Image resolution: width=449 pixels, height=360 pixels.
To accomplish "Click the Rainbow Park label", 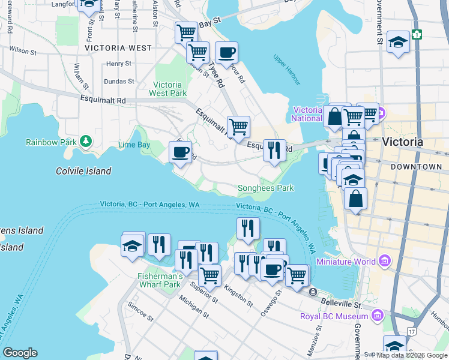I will pyautogui.click(x=51, y=142).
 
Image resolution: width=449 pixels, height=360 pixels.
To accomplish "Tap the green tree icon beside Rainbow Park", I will pyautogui.click(x=87, y=141).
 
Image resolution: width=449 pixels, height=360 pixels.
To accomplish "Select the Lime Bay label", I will pyautogui.click(x=134, y=145).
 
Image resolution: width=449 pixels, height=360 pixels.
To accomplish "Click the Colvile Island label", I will pyautogui.click(x=83, y=171).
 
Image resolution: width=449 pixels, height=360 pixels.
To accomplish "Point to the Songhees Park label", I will pyautogui.click(x=266, y=188).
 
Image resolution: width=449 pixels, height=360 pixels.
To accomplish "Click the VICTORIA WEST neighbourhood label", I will pyautogui.click(x=118, y=47).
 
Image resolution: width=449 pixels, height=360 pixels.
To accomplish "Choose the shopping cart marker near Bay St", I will pyautogui.click(x=186, y=32).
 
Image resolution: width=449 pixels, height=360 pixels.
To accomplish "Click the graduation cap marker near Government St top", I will pyautogui.click(x=398, y=43).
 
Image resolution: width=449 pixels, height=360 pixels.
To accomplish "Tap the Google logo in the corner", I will pyautogui.click(x=20, y=353).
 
